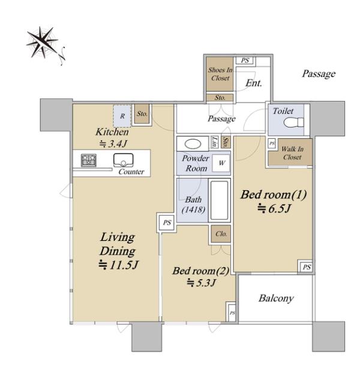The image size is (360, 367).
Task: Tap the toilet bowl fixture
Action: [293, 123]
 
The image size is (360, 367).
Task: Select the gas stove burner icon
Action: [89, 160]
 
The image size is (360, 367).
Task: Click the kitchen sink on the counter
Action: [124, 160]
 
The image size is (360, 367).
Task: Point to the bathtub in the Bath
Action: [219, 201]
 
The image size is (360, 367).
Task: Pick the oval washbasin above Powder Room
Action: [193, 144]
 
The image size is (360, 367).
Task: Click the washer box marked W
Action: [221, 163]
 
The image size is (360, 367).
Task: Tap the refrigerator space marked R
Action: [122, 116]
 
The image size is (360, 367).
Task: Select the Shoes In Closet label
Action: [220, 74]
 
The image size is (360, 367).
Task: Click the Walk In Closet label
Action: [292, 153]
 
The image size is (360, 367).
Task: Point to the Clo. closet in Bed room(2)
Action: [221, 234]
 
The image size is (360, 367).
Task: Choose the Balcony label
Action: [276, 299]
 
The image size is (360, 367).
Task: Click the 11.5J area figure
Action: [119, 265]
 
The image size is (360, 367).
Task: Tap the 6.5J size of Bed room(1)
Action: [274, 208]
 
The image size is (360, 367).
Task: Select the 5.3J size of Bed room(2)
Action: [201, 283]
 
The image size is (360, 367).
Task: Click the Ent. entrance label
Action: [254, 83]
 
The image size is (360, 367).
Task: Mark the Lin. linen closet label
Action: [214, 142]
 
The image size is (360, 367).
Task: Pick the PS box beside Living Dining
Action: [167, 222]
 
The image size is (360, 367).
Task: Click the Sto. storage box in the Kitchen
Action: [142, 114]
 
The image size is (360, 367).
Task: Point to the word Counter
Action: [131, 172]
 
